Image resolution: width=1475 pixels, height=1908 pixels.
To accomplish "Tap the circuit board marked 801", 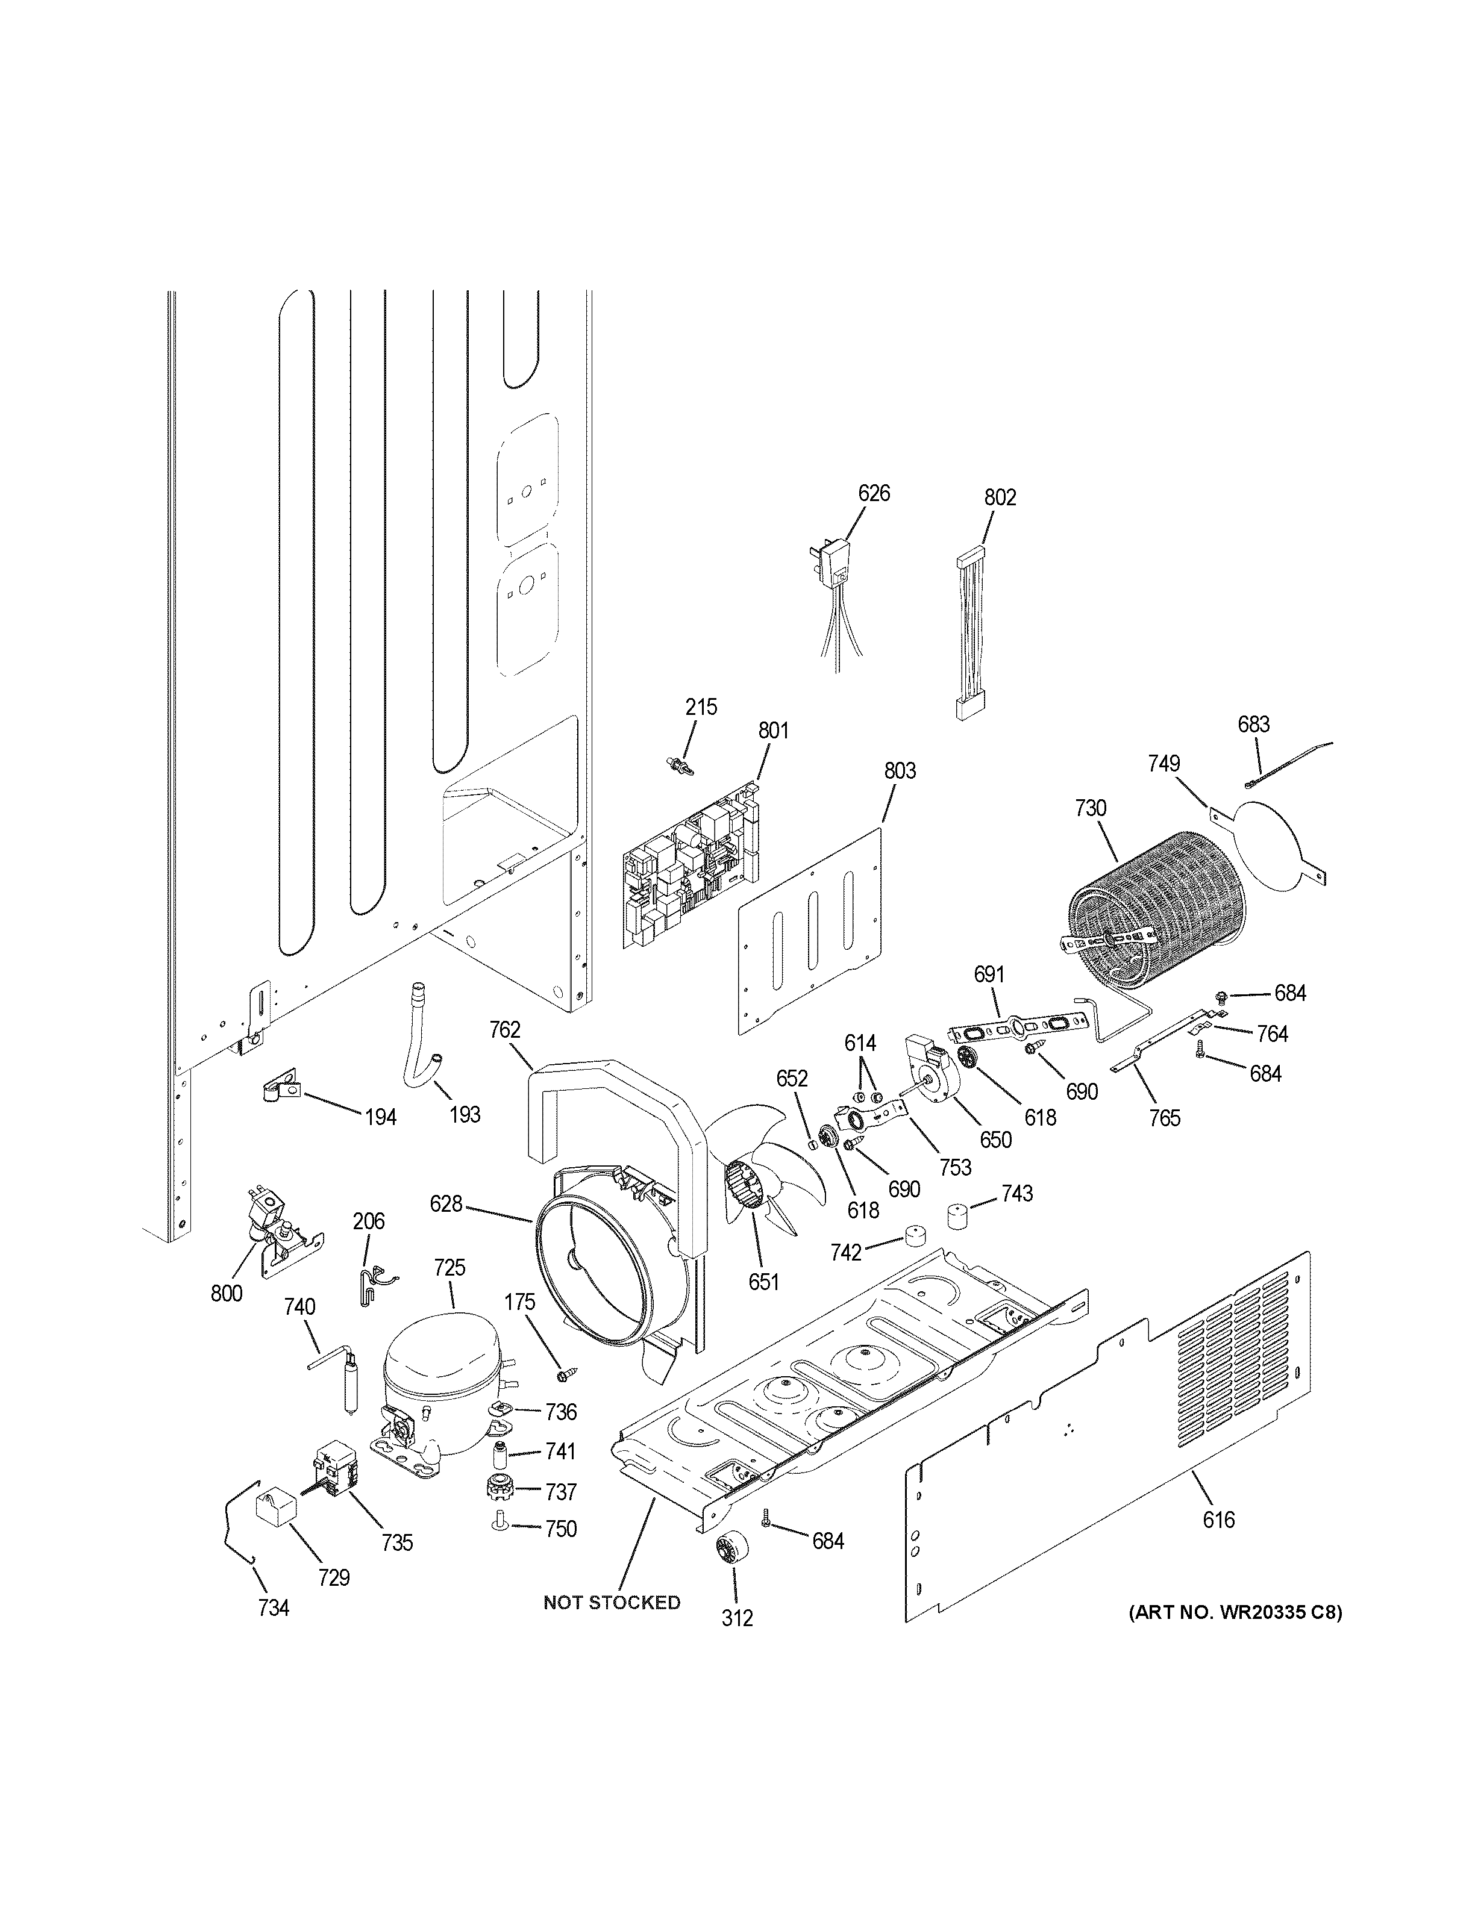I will point(691,865).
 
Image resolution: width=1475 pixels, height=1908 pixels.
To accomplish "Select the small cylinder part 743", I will point(960,1215).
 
